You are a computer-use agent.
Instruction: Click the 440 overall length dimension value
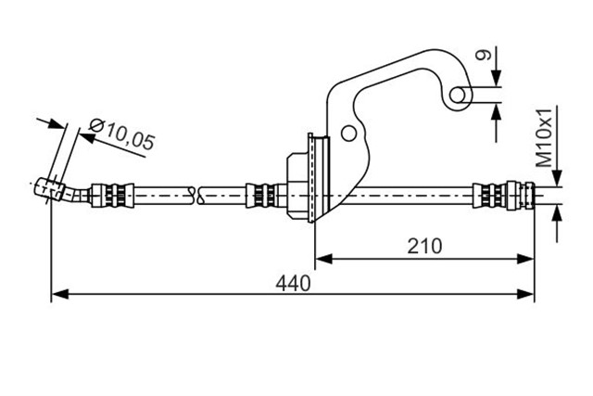(x=293, y=283)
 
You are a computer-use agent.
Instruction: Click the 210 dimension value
(x=424, y=246)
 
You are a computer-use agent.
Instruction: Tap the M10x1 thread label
(x=546, y=137)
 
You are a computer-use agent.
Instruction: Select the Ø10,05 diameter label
(x=121, y=134)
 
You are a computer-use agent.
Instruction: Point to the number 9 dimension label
(x=484, y=55)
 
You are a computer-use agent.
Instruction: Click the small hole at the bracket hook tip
(x=458, y=95)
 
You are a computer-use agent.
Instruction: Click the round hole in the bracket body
(x=348, y=134)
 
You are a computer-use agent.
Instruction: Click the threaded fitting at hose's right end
(x=504, y=196)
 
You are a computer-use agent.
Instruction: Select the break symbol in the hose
(x=197, y=196)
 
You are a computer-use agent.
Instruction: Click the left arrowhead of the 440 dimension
(x=59, y=294)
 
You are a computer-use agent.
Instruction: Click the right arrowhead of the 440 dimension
(x=525, y=294)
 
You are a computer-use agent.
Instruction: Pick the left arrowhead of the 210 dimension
(x=323, y=259)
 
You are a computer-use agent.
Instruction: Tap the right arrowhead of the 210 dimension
(x=525, y=259)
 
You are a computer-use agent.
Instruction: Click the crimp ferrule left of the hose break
(x=112, y=196)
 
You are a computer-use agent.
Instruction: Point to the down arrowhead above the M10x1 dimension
(x=557, y=178)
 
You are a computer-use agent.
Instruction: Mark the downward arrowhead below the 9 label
(x=498, y=78)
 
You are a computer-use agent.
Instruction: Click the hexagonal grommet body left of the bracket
(x=298, y=185)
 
